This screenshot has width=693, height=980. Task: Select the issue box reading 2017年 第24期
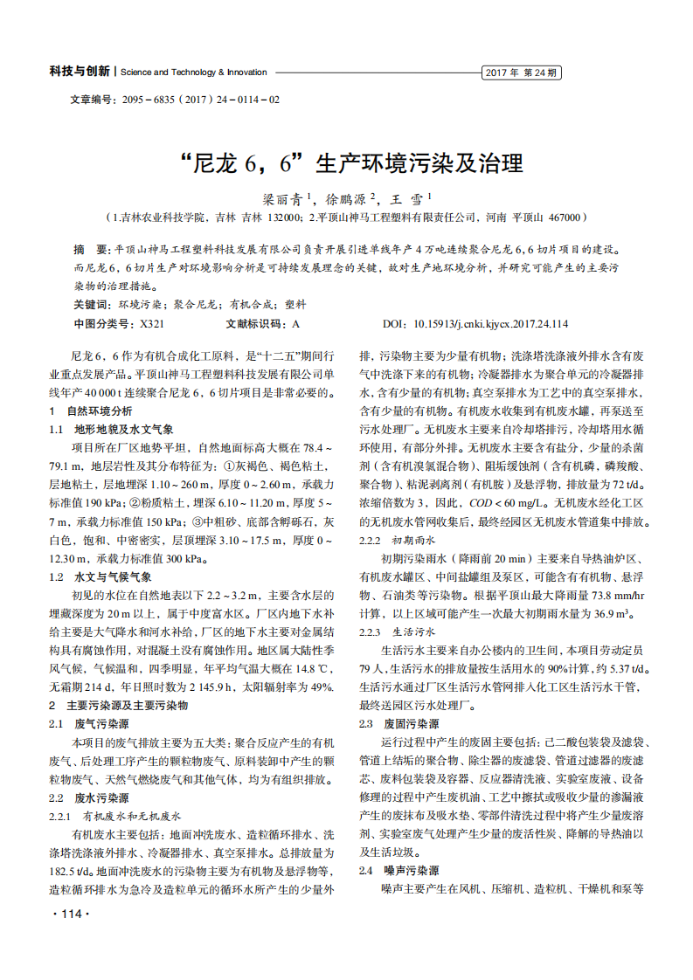tap(521, 72)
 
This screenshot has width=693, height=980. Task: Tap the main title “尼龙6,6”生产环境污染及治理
tap(345, 164)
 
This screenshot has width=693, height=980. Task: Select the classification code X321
tap(152, 324)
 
